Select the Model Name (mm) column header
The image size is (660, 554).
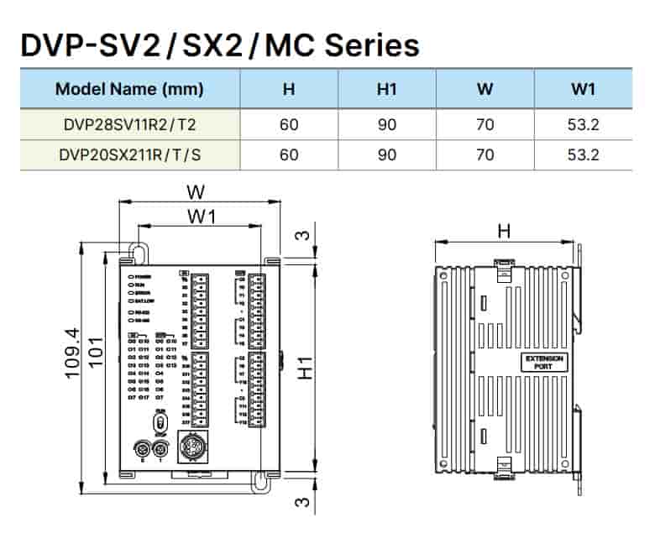[x=129, y=89]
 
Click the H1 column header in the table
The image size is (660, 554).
[x=387, y=89]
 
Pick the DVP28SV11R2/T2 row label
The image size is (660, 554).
[x=129, y=126]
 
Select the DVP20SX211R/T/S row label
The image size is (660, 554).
[x=129, y=154]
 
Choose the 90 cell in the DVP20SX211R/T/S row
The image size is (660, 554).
[x=387, y=154]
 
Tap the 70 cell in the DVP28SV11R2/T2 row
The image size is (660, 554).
[x=485, y=126]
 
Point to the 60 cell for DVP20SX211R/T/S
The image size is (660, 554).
[x=289, y=154]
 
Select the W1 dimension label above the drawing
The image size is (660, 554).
[x=202, y=217]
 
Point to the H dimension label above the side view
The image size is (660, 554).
[x=504, y=230]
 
